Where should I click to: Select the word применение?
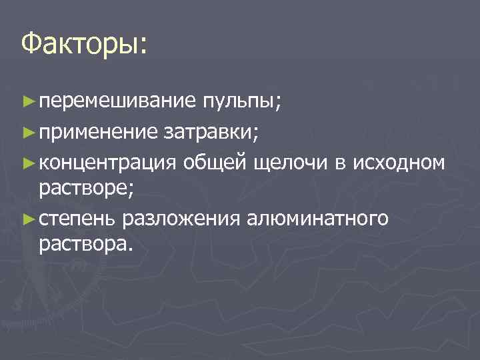[99, 132]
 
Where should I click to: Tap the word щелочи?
[292, 162]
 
